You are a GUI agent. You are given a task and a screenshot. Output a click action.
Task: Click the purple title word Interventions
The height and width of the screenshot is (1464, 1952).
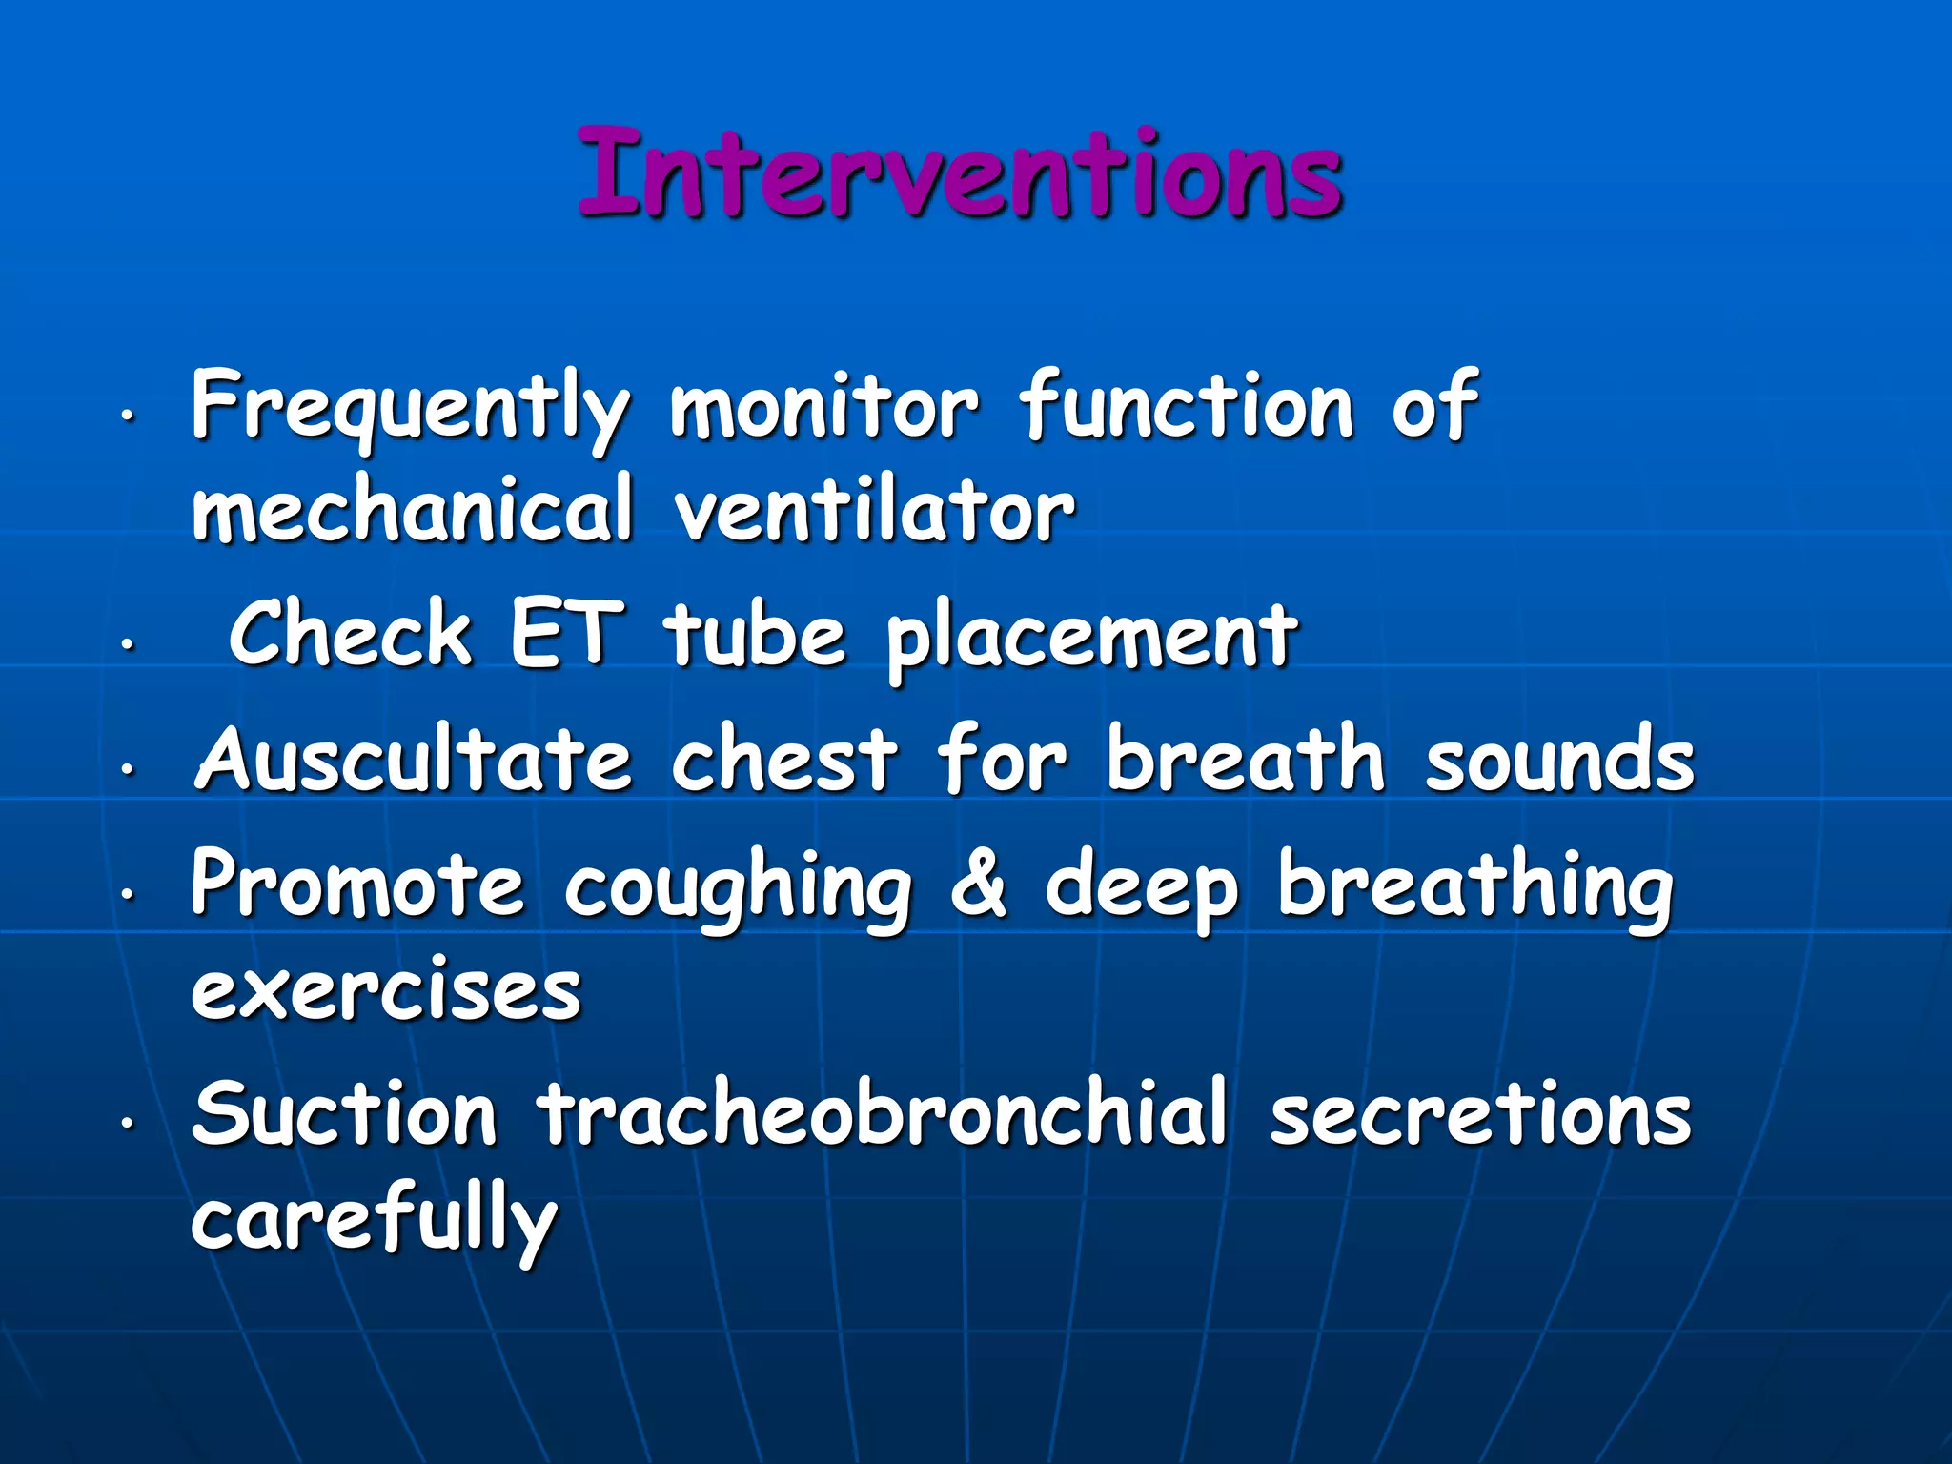coord(961,173)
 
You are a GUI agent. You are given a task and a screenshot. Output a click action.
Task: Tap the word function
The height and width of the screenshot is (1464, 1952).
coord(1187,406)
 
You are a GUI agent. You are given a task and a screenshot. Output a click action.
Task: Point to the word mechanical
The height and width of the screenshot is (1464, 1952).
coord(413,509)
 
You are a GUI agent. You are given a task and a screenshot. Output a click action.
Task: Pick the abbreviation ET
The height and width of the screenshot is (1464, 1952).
coord(566,633)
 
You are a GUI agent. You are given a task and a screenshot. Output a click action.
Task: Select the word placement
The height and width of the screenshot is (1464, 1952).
coord(1092,637)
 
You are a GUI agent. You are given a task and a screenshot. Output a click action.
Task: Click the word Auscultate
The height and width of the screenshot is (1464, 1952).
coord(413,759)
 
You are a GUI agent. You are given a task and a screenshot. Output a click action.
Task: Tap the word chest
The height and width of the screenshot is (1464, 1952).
coord(784,759)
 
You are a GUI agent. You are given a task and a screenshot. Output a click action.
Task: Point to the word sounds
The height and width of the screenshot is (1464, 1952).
coord(1559,759)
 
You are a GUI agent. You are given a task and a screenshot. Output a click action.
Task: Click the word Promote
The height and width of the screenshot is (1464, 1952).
coord(357,884)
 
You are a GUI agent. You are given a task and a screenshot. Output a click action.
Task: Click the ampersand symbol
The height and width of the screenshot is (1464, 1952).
coord(978,884)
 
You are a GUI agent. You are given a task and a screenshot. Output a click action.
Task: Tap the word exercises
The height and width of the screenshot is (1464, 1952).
coord(386,991)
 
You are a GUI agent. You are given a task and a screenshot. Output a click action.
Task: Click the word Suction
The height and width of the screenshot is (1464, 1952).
coord(344,1113)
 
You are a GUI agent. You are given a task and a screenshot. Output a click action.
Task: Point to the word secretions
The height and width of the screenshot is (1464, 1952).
coord(1480,1113)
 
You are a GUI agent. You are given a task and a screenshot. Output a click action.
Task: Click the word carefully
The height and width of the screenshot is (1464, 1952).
coord(374,1220)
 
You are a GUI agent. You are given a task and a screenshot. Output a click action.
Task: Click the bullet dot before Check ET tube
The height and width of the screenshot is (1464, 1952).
coord(125,644)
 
